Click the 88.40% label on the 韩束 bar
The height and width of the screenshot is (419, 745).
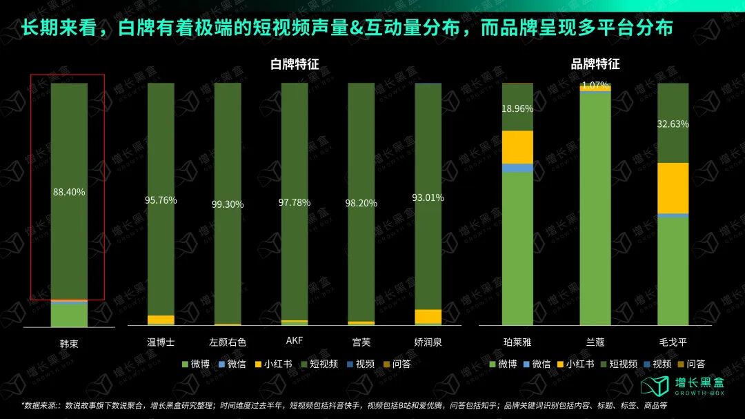click(69, 192)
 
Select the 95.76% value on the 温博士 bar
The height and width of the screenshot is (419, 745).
click(161, 200)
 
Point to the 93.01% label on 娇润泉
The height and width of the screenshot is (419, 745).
click(428, 197)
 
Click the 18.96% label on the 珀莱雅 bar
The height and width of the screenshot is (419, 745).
click(517, 108)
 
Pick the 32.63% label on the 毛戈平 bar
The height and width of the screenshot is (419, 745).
click(673, 124)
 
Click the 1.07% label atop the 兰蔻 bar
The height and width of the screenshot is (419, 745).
click(595, 86)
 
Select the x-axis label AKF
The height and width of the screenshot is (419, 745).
click(294, 341)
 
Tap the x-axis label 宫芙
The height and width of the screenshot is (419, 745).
click(361, 342)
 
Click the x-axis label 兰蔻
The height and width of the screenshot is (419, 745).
click(595, 342)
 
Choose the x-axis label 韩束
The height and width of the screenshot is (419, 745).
click(69, 342)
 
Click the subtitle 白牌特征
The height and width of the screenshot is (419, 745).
click(295, 64)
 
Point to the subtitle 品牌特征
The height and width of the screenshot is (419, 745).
click(595, 64)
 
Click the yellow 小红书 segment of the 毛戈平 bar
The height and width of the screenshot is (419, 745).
click(673, 188)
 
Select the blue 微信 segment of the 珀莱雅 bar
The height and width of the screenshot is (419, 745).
click(517, 168)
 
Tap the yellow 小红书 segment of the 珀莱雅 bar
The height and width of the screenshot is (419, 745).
click(517, 146)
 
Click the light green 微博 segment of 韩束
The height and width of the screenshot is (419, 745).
click(69, 315)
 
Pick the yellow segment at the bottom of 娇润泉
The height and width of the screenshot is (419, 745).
click(428, 316)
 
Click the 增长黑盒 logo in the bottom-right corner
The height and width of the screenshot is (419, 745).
click(680, 386)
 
